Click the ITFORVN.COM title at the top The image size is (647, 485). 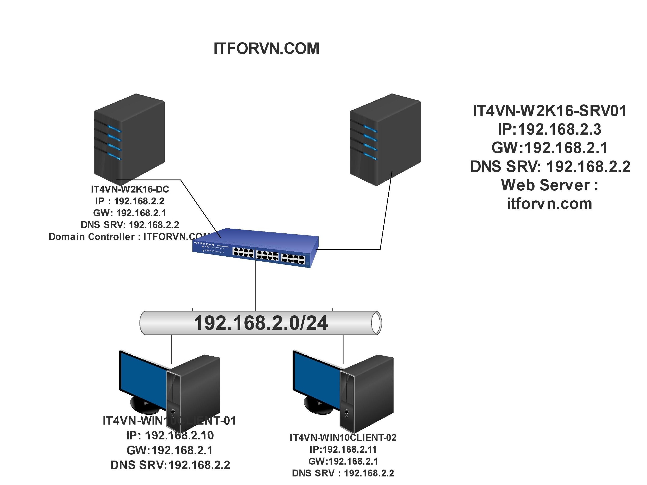266,49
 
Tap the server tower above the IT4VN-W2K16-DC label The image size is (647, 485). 129,137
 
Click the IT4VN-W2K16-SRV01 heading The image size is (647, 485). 550,111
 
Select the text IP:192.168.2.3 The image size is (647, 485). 550,129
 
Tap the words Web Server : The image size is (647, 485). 550,185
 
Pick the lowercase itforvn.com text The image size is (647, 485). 550,204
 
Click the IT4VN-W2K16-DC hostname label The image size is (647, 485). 130,189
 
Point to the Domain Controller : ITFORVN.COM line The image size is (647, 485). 129,236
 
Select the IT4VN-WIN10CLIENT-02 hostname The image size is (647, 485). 343,438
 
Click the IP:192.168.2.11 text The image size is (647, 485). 343,449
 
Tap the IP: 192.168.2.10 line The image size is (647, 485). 170,436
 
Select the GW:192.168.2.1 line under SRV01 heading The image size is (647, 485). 550,148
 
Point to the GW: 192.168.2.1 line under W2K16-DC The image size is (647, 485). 130,213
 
